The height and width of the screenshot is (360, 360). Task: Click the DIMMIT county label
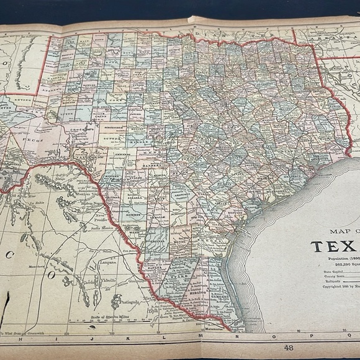click(137, 214)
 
